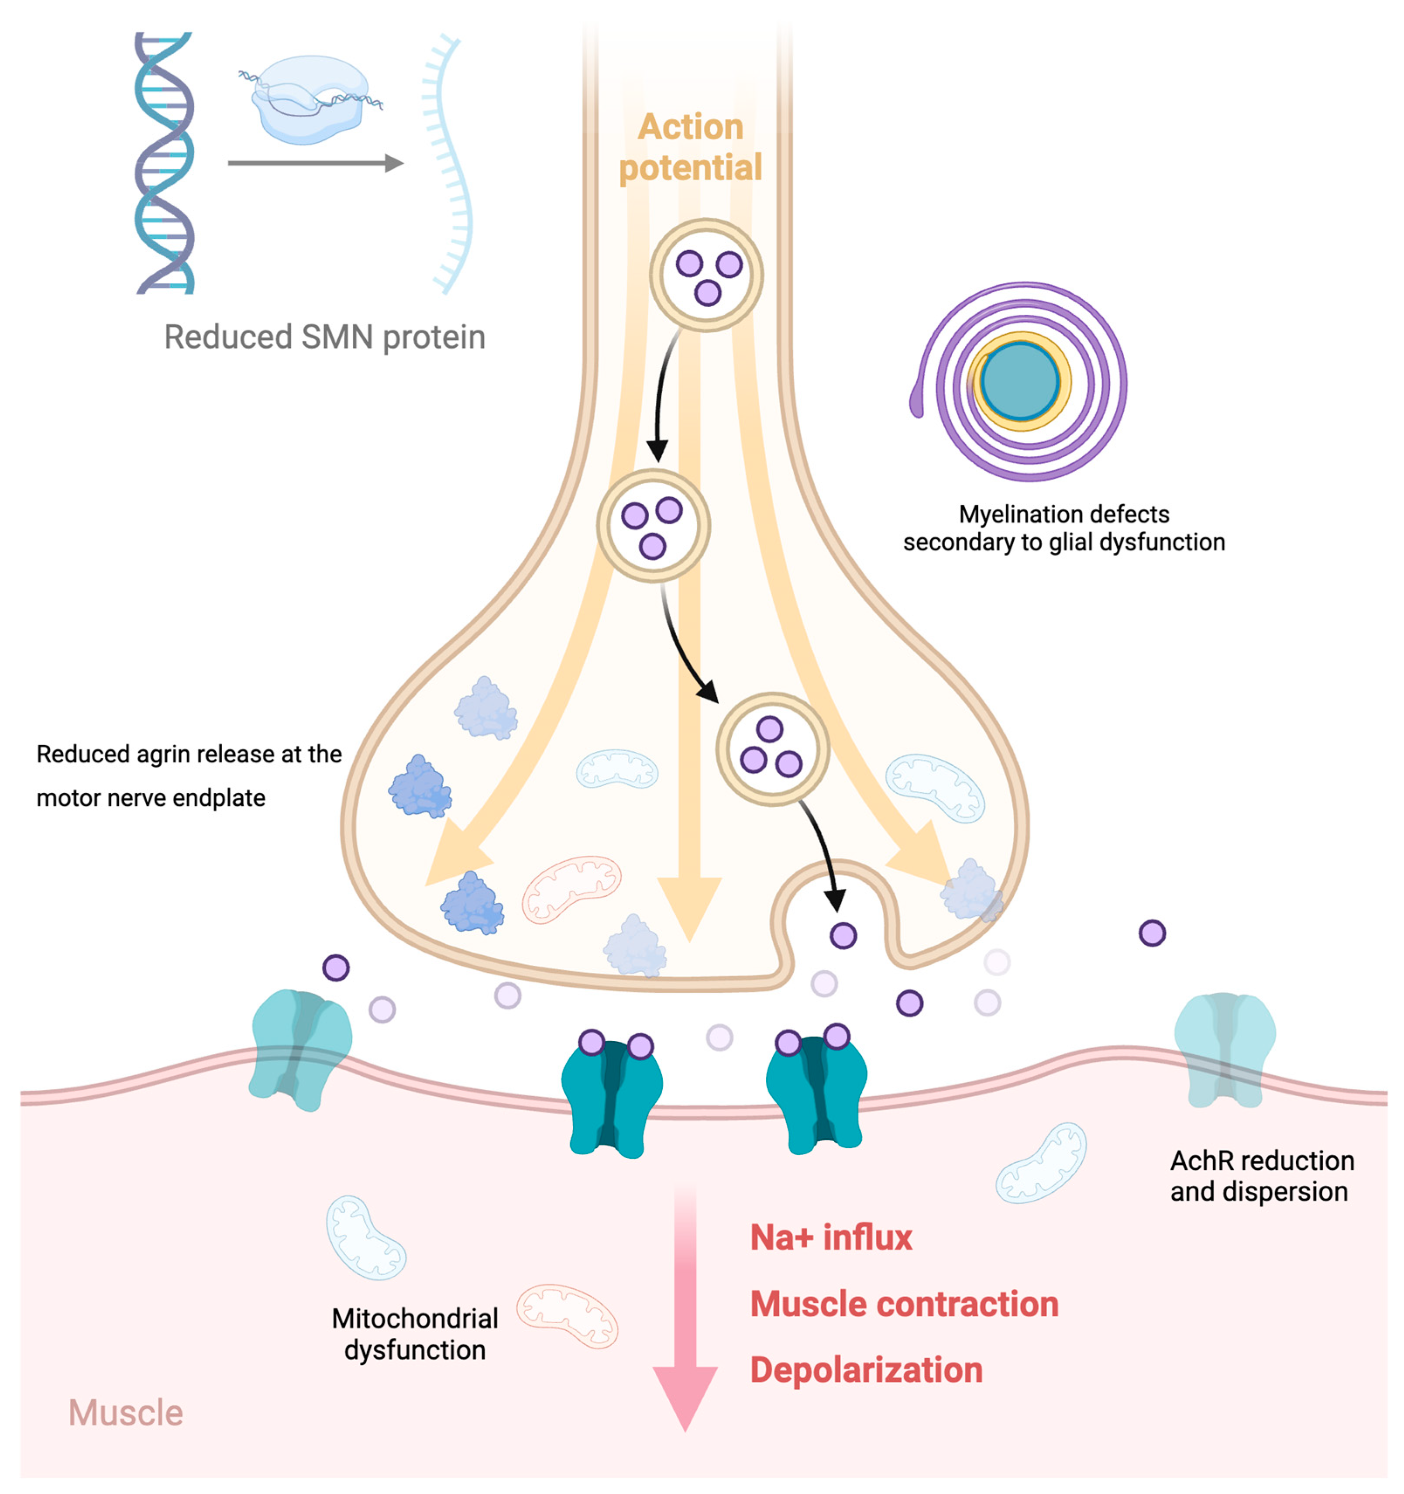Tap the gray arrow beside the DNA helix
pos(316,162)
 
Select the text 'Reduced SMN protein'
pos(325,337)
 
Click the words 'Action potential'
pos(690,147)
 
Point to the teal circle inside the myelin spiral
pos(1020,381)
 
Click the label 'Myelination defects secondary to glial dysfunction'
pos(1063,527)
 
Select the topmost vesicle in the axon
pos(706,275)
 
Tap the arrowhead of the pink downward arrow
pos(685,1398)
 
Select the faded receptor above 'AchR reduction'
pos(1225,1050)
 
